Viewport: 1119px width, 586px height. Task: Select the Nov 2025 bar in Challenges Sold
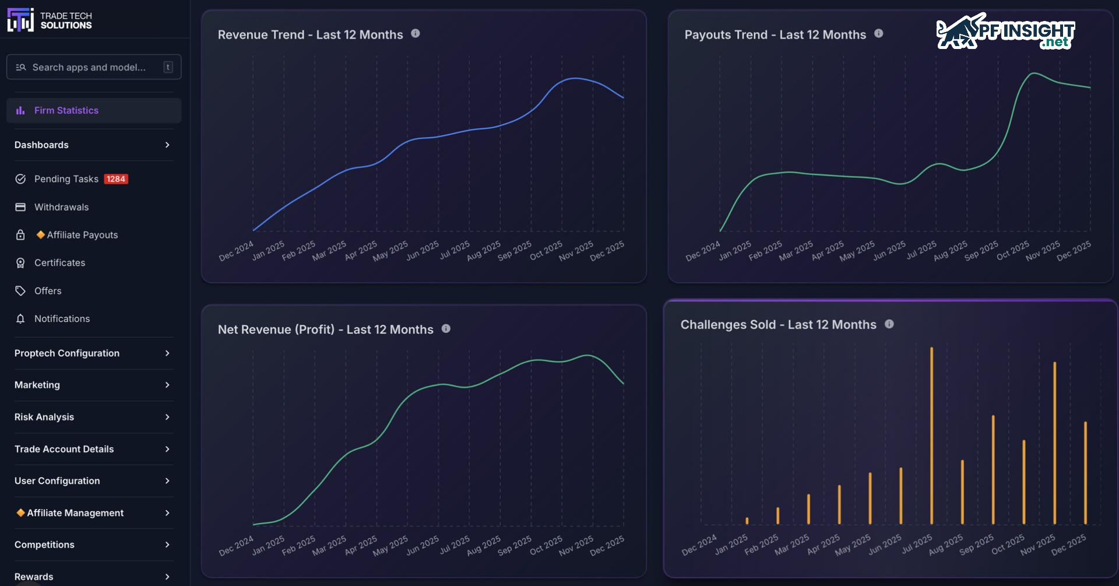click(1054, 443)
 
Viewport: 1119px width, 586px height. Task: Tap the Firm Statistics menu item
click(66, 110)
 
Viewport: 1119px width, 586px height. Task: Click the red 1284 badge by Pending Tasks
click(116, 179)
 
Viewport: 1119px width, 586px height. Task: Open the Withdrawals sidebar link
click(61, 207)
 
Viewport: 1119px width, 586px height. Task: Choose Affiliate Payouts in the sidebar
click(82, 235)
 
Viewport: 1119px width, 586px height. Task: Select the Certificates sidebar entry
click(59, 263)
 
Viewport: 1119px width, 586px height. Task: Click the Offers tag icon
click(20, 291)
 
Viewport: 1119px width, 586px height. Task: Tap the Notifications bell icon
click(20, 319)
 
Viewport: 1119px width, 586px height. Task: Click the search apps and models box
click(93, 67)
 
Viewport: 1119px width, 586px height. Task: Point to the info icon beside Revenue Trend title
click(416, 34)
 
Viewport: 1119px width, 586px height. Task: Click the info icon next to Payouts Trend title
click(879, 34)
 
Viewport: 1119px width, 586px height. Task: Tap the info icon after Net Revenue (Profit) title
click(446, 329)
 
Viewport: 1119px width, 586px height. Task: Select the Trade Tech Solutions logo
click(50, 20)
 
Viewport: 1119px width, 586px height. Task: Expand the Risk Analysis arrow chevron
click(167, 417)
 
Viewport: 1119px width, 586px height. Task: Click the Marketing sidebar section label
click(37, 385)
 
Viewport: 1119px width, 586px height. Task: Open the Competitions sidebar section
click(44, 545)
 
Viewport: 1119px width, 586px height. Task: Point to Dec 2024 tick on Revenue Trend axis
click(237, 251)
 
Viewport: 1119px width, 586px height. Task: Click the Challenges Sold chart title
click(778, 325)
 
